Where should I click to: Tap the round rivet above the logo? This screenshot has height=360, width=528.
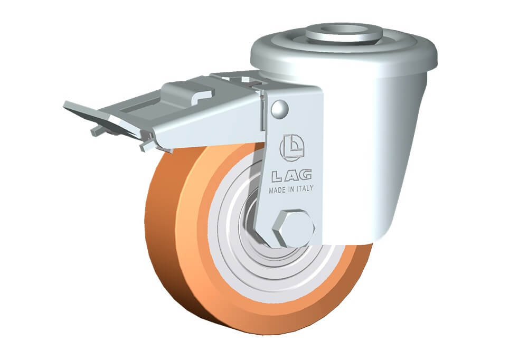[x=279, y=108]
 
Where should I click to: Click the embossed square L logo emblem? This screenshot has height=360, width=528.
[x=291, y=147]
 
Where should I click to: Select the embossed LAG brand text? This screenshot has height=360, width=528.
[x=291, y=175]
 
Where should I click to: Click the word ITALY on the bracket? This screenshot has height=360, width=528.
[x=305, y=188]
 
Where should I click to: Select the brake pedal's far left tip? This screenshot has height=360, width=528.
[x=64, y=105]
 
